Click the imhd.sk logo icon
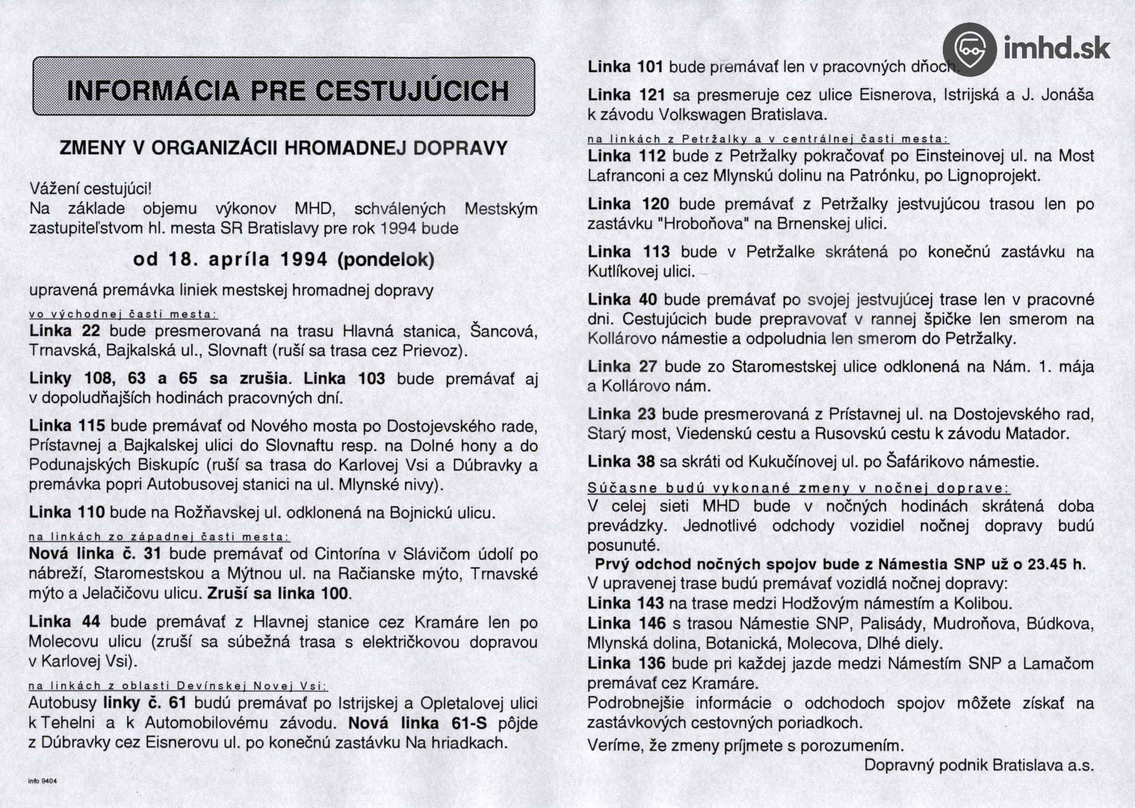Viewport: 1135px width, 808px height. tap(969, 49)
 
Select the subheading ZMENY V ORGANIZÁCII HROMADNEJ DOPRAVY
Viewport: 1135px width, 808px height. tap(284, 148)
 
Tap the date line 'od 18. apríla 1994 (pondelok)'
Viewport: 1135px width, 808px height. tap(284, 260)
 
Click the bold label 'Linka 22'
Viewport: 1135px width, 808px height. tap(65, 331)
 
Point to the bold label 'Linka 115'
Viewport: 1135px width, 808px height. tap(67, 426)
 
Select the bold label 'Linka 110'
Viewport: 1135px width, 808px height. tap(67, 512)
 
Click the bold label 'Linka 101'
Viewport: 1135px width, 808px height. tap(625, 67)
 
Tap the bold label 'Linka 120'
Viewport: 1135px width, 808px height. tap(628, 205)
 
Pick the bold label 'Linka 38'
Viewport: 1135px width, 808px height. tap(621, 461)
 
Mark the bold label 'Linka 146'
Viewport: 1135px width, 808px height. tap(627, 623)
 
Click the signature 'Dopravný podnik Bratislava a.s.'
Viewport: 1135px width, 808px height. tap(979, 765)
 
